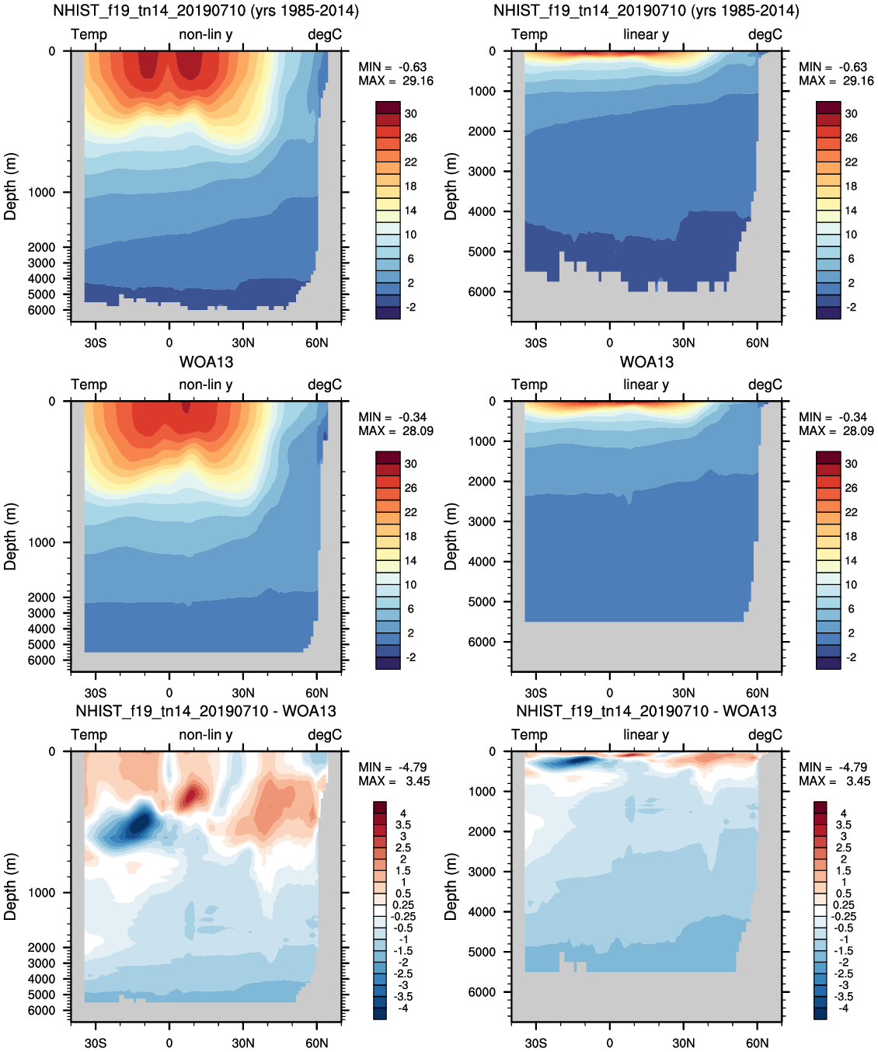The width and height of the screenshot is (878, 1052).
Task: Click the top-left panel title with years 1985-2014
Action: pos(206,11)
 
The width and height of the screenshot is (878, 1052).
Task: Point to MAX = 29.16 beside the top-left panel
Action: pos(395,81)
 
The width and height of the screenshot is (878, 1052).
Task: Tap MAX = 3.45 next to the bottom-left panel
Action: pos(394,781)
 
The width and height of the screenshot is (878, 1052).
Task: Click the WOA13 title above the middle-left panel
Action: pos(206,362)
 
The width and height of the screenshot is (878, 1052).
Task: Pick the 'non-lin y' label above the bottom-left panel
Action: pos(206,734)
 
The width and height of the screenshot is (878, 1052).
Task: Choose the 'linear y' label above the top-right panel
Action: pos(646,34)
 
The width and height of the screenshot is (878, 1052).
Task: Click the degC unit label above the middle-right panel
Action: pos(765,385)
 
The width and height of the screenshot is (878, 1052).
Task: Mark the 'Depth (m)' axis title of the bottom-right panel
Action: pos(451,887)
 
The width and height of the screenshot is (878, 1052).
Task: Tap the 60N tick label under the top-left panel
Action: pos(316,343)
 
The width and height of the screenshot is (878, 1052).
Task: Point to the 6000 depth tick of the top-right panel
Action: pos(482,292)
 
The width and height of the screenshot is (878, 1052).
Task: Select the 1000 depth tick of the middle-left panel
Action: pos(42,542)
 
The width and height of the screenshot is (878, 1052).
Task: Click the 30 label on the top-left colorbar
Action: pos(410,113)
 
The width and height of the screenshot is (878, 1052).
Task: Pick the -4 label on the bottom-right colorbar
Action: pos(843,1008)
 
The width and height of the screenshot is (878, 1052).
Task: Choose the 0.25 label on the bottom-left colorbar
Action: pos(402,904)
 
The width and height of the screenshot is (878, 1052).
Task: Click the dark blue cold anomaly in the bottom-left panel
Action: pos(140,822)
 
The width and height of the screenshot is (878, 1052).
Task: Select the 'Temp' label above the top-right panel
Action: pos(529,34)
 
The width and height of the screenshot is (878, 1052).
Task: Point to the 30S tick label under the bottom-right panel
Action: pos(535,1043)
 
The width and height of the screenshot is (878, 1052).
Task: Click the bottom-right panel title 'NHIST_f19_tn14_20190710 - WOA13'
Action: pos(646,711)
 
